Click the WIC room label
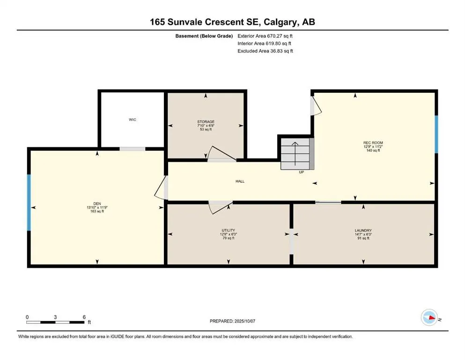coord(133,120)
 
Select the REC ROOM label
coord(373,142)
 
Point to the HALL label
coord(239,181)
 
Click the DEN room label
coord(97,203)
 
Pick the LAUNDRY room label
coord(363,231)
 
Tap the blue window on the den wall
coord(29,202)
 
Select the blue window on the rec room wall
coord(435,134)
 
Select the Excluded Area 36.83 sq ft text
coord(265,51)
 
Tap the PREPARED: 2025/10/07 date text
coord(232,321)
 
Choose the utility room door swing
coord(219,207)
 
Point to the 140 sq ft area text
coord(373,150)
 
